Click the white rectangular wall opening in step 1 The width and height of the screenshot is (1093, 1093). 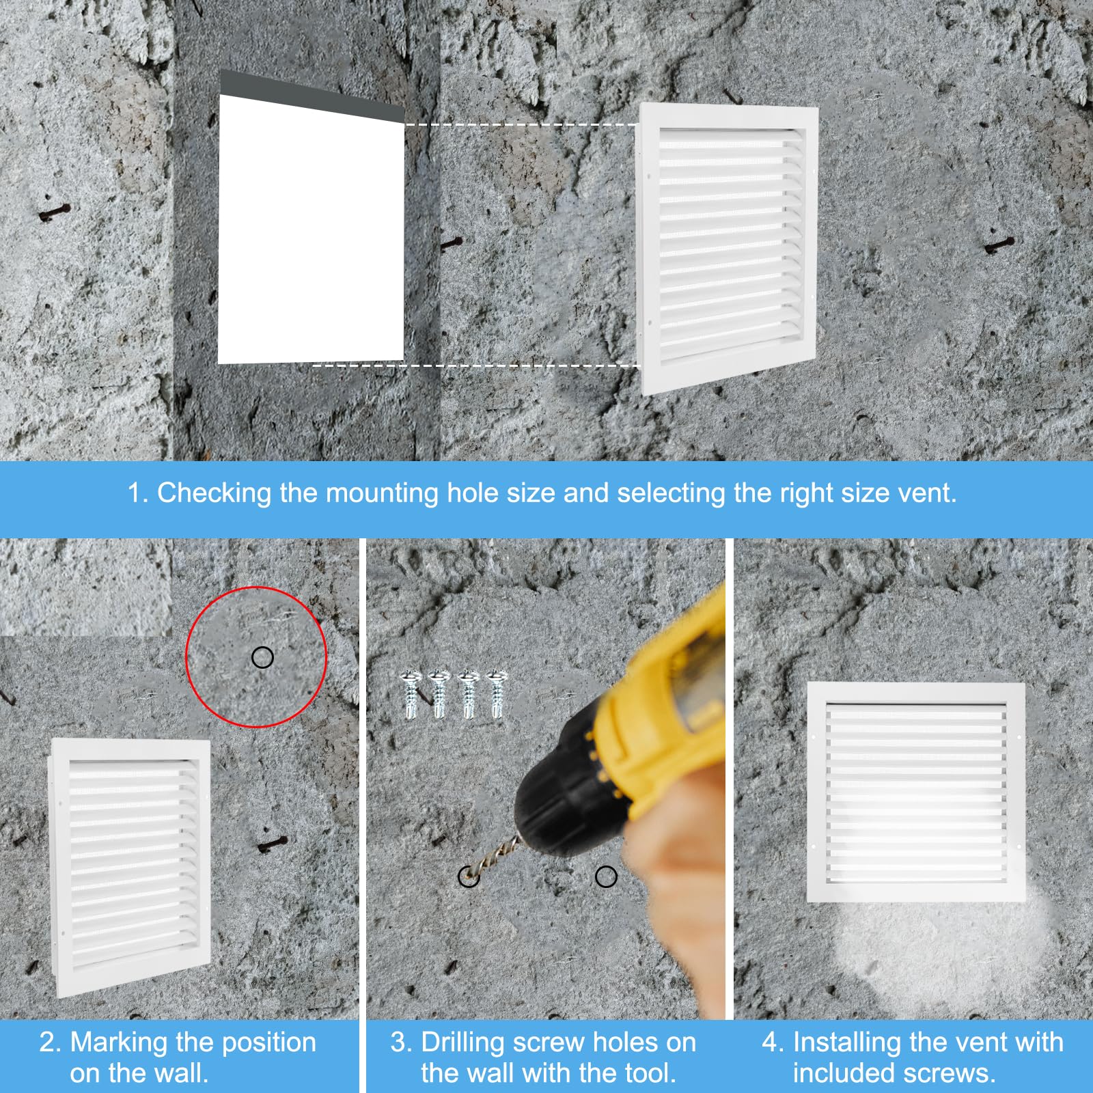[x=311, y=229]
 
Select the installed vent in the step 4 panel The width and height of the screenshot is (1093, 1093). [x=916, y=792]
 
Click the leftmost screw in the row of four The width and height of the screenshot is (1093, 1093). [x=411, y=694]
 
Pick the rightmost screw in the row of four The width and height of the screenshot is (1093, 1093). [x=497, y=694]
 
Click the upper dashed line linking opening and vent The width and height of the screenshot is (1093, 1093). [x=521, y=124]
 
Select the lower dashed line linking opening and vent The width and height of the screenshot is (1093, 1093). [x=476, y=365]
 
